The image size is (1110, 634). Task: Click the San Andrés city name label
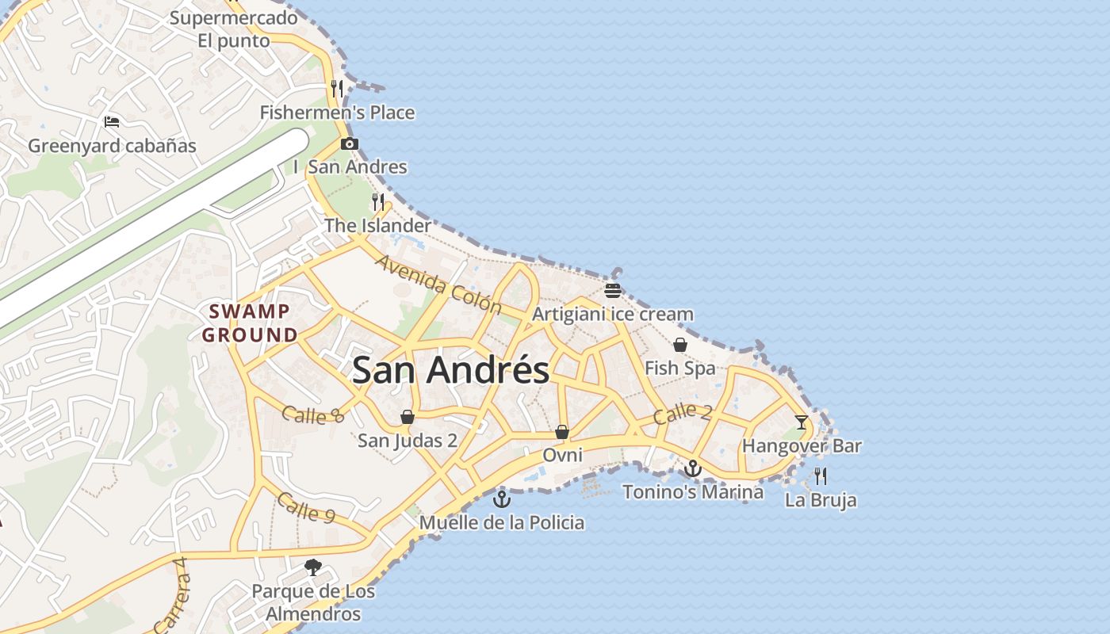[x=450, y=370]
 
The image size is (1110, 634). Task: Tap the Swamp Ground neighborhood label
[x=249, y=323]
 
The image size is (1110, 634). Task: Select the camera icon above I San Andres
[x=349, y=143]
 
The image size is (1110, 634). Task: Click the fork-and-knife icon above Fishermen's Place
[x=338, y=88]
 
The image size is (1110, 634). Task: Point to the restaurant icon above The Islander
[x=378, y=202]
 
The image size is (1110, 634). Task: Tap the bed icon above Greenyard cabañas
[x=112, y=122]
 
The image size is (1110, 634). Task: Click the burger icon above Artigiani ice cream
[x=612, y=290]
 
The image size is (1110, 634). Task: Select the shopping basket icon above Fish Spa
[x=679, y=345]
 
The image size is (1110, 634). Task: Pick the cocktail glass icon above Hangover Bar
[x=801, y=422]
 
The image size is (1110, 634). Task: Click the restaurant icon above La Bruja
[x=821, y=475]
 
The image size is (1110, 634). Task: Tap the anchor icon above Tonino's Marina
[x=693, y=468]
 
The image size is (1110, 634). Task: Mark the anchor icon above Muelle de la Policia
[x=501, y=499]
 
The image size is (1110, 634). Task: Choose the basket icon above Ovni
[x=562, y=432]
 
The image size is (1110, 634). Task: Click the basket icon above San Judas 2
[x=408, y=417]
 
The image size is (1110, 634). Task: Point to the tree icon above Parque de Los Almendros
[x=313, y=567]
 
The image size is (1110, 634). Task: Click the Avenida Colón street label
[x=438, y=285]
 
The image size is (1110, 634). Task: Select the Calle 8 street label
[x=314, y=414]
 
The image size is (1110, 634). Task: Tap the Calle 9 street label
[x=305, y=508]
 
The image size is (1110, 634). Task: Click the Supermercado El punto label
[x=233, y=29]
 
